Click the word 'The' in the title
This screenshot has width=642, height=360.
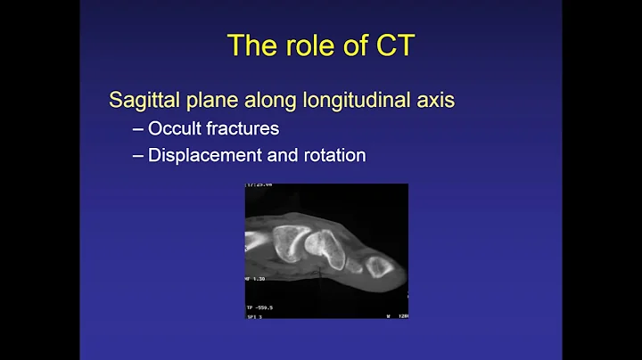[251, 45]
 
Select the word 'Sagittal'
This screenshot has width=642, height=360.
[142, 100]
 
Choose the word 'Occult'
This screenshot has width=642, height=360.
[178, 128]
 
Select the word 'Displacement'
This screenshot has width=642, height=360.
[206, 155]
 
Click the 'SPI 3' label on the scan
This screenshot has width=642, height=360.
[255, 315]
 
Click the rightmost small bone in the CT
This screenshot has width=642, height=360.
[377, 264]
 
